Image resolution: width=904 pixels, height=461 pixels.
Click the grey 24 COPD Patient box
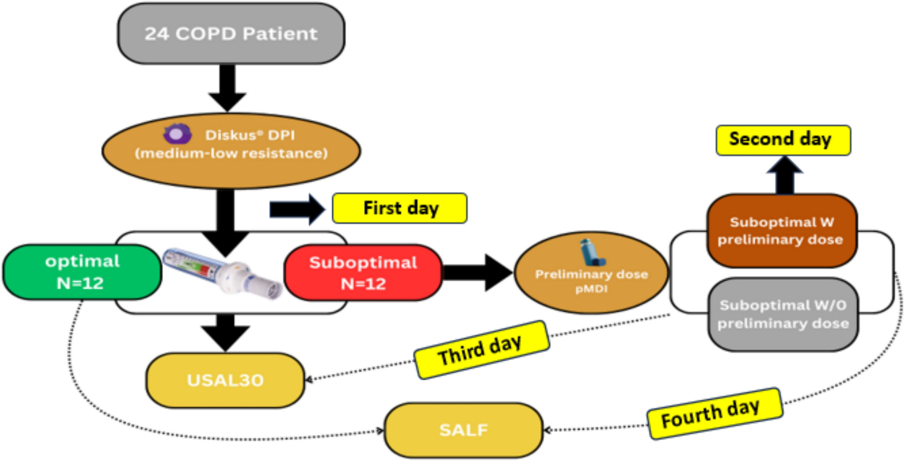[x=231, y=34]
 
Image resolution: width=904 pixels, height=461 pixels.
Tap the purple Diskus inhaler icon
[x=177, y=134]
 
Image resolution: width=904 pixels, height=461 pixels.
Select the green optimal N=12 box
[x=82, y=272]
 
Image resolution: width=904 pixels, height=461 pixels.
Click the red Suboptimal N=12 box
[x=363, y=273]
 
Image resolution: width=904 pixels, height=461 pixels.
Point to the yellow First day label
[x=399, y=208]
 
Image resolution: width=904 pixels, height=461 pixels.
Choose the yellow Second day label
[x=783, y=140]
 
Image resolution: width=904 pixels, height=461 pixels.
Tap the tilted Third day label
[x=481, y=350]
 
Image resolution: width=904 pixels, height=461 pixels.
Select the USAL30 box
[x=225, y=380]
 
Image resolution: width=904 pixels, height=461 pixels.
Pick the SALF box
[x=463, y=430]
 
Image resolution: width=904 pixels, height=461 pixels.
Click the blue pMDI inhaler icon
[x=591, y=253]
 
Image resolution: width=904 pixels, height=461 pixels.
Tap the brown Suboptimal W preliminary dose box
[x=781, y=231]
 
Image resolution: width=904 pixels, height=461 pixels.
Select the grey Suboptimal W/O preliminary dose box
[x=783, y=314]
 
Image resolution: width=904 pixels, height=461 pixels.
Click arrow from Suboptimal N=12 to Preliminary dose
[x=476, y=273]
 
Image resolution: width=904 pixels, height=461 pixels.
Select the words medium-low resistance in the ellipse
[x=231, y=154]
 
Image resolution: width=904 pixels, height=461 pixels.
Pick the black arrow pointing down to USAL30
[x=225, y=332]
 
